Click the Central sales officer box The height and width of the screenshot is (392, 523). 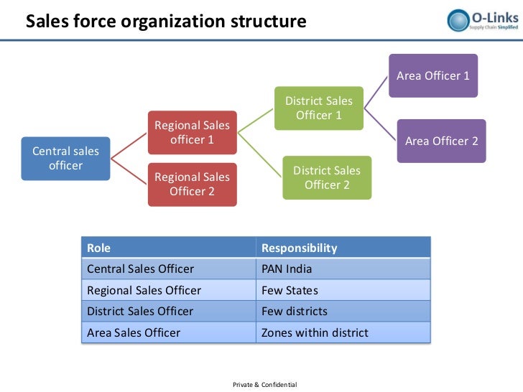pos(65,159)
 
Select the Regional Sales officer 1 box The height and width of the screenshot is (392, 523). pos(192,133)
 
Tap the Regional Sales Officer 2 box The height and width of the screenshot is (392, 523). pos(192,184)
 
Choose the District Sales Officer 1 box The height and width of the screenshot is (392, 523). pos(319,108)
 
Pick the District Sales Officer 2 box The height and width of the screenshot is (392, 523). pos(327,177)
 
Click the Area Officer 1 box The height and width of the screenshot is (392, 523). pos(433,75)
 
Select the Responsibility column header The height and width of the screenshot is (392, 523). pos(299,248)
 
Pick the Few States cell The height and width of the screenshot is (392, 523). pos(290,291)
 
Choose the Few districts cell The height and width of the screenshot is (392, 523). pos(294,312)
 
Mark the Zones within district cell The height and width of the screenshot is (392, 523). pos(315,332)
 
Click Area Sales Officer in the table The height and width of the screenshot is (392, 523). pos(134,332)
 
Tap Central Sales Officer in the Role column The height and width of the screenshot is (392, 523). pos(140,269)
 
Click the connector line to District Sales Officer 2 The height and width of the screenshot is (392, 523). pos(261,152)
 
